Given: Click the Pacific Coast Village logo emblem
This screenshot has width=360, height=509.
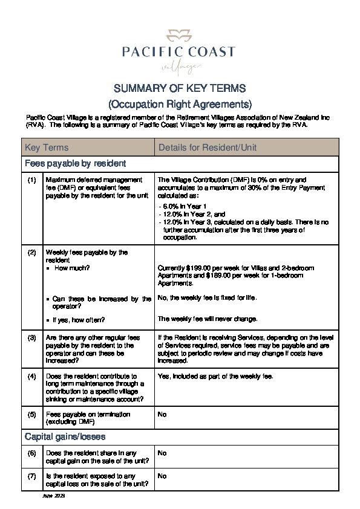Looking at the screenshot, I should (x=179, y=34).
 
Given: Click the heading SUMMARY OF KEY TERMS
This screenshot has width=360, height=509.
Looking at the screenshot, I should (x=179, y=88).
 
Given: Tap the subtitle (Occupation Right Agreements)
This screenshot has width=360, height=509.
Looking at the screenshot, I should (x=179, y=103).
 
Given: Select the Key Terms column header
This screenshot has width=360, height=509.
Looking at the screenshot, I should (x=47, y=148).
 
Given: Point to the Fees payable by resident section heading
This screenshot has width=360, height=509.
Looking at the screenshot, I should (x=75, y=163).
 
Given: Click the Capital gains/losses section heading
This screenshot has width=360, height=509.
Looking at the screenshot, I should (x=65, y=436).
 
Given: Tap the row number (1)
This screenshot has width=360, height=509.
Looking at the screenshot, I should (x=32, y=180).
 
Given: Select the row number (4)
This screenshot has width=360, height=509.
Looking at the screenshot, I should (x=32, y=376).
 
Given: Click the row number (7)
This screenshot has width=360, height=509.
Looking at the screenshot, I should (x=32, y=476).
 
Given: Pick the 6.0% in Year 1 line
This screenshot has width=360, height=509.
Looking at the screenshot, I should (x=181, y=207).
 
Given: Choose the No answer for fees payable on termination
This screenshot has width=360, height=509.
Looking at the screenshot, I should (x=162, y=415).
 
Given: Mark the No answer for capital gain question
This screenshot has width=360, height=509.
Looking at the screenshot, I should (x=162, y=452).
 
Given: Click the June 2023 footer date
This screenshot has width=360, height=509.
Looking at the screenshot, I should (x=53, y=496).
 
